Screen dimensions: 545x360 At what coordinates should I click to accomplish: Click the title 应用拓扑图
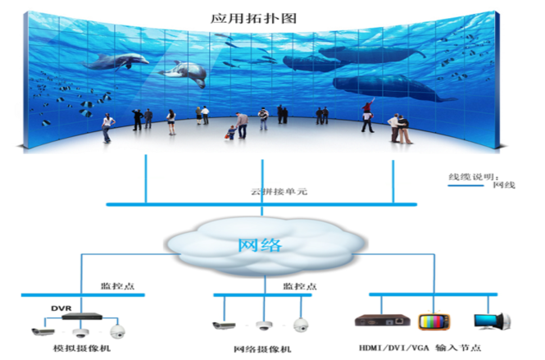(253, 18)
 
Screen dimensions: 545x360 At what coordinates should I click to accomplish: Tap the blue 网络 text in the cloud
(260, 245)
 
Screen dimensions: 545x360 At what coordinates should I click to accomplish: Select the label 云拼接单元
(279, 191)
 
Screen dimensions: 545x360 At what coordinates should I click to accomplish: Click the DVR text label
(61, 308)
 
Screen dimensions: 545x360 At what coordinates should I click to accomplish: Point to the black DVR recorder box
(82, 317)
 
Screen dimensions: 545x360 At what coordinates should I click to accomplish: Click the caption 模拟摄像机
(82, 348)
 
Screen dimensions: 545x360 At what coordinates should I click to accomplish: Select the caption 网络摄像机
(262, 349)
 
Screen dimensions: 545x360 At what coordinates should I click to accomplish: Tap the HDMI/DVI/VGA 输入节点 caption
(420, 348)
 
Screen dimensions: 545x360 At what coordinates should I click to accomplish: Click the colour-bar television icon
(434, 321)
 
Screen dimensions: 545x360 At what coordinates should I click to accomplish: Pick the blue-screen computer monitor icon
(493, 321)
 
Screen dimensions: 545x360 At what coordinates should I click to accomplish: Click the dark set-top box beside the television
(383, 321)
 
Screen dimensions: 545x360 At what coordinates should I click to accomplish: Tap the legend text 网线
(504, 185)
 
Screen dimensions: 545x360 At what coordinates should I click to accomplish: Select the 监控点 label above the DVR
(117, 286)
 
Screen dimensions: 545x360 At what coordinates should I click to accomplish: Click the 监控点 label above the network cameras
(300, 286)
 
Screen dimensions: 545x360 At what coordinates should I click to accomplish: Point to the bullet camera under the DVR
(43, 331)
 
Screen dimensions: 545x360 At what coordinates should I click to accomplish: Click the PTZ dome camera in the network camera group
(301, 325)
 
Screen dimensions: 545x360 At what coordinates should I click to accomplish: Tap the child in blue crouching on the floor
(230, 133)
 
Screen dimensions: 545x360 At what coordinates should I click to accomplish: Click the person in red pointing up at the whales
(368, 115)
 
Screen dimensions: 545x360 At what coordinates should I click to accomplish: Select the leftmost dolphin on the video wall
(116, 62)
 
